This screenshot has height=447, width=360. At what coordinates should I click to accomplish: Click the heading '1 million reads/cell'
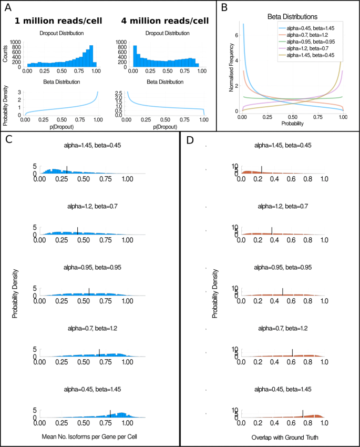tap(58, 22)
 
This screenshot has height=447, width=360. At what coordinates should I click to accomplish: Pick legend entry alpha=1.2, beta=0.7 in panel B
tap(308, 48)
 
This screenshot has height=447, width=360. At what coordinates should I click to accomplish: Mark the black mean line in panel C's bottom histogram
tap(110, 413)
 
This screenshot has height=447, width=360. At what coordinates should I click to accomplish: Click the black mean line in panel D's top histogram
tap(261, 169)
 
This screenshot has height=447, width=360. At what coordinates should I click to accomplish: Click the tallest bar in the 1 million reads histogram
tap(91, 55)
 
